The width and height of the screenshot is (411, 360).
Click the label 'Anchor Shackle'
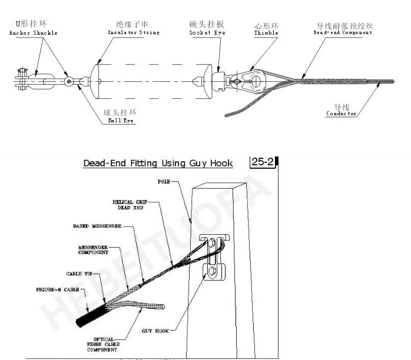pos(34,33)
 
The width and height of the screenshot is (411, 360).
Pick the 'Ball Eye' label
pos(121,121)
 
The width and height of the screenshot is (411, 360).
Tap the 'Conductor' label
pos(342,114)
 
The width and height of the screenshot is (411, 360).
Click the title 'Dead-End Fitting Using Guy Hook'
pos(158,163)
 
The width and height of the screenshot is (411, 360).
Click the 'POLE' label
pos(164,182)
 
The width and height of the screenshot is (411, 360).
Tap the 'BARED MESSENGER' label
pos(98,226)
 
